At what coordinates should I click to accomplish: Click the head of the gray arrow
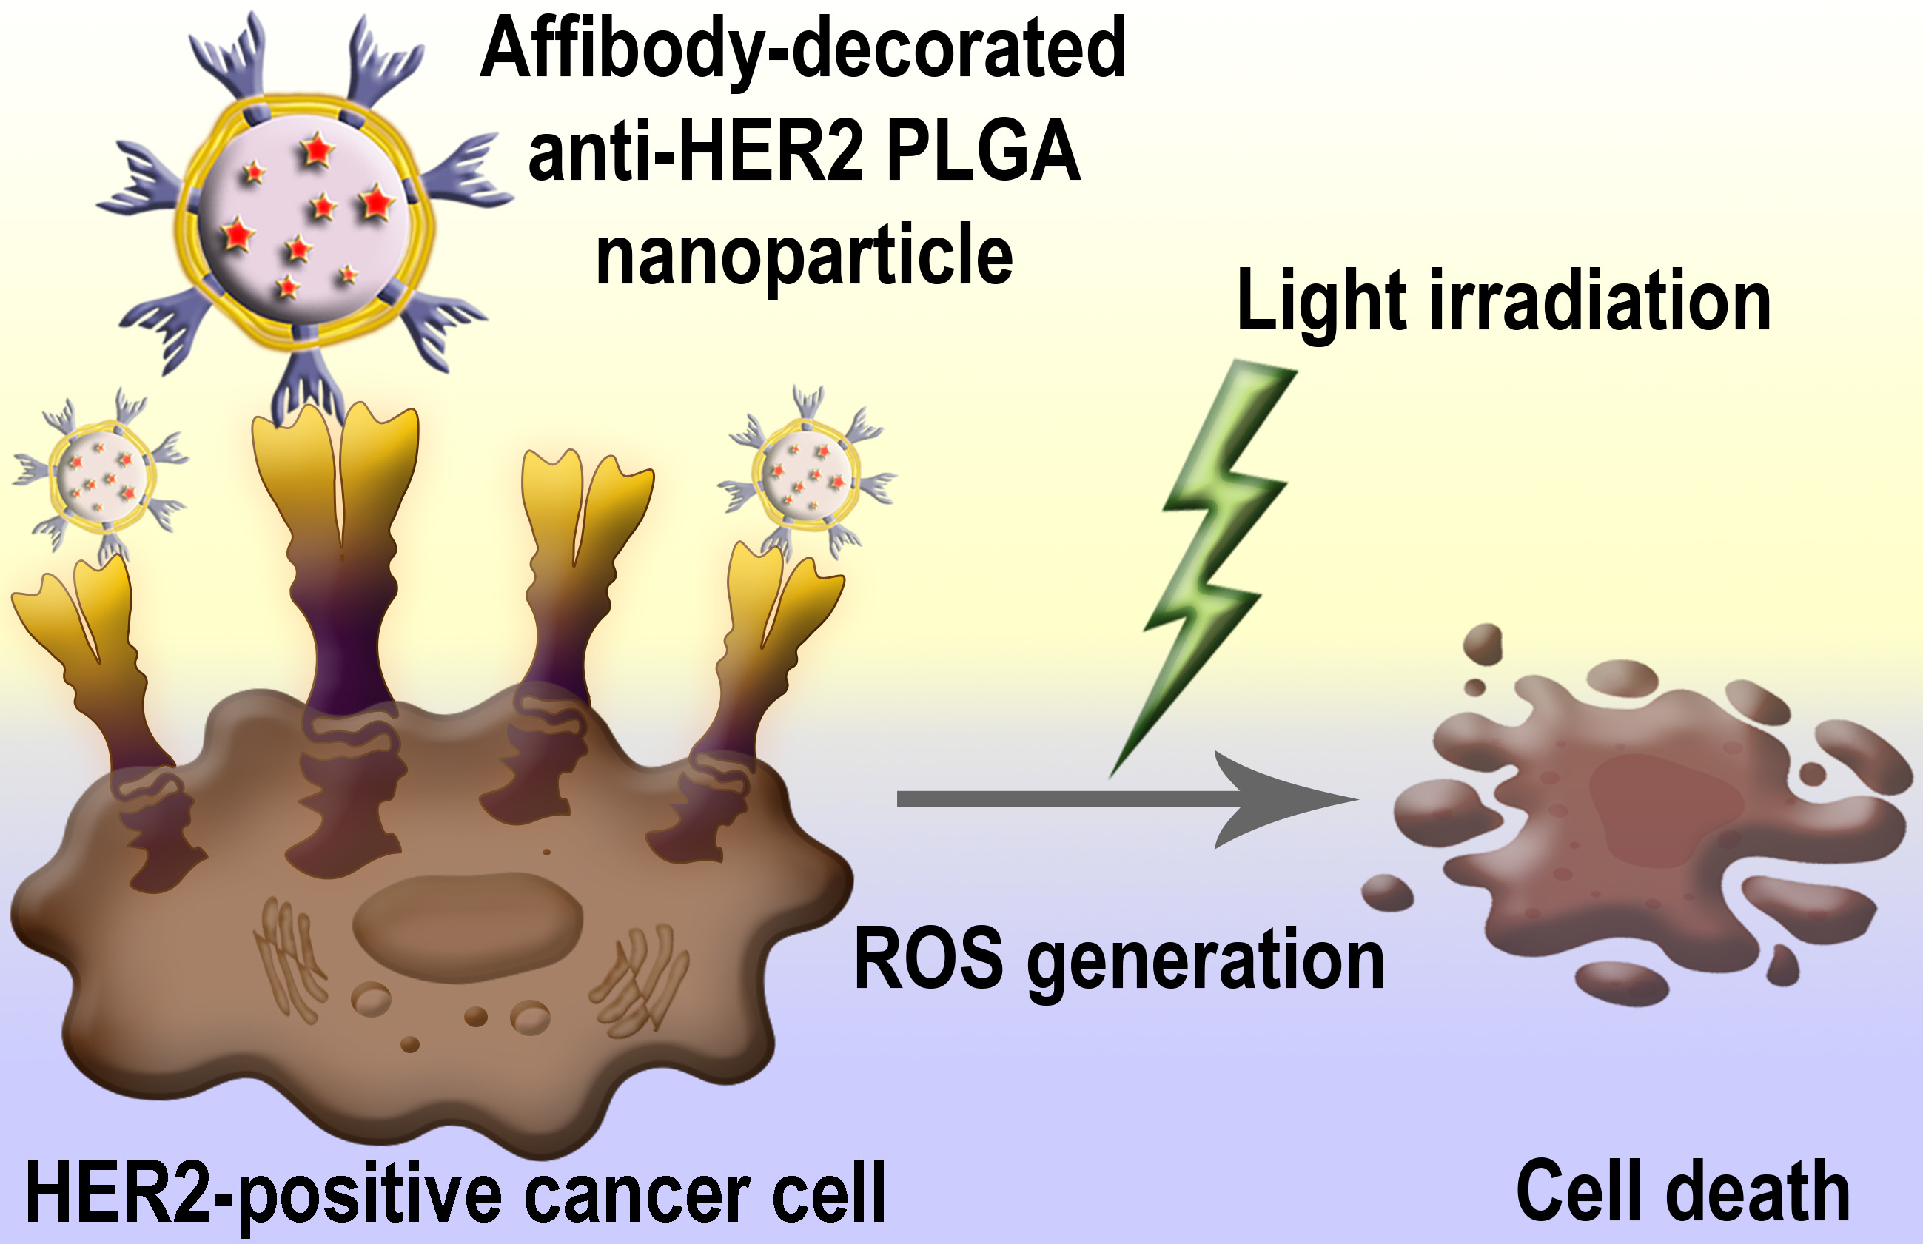click(1285, 799)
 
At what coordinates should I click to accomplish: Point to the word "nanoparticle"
click(804, 255)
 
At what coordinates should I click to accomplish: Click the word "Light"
click(1322, 302)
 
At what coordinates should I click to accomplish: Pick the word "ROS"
click(928, 959)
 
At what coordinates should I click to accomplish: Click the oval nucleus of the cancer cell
click(468, 918)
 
